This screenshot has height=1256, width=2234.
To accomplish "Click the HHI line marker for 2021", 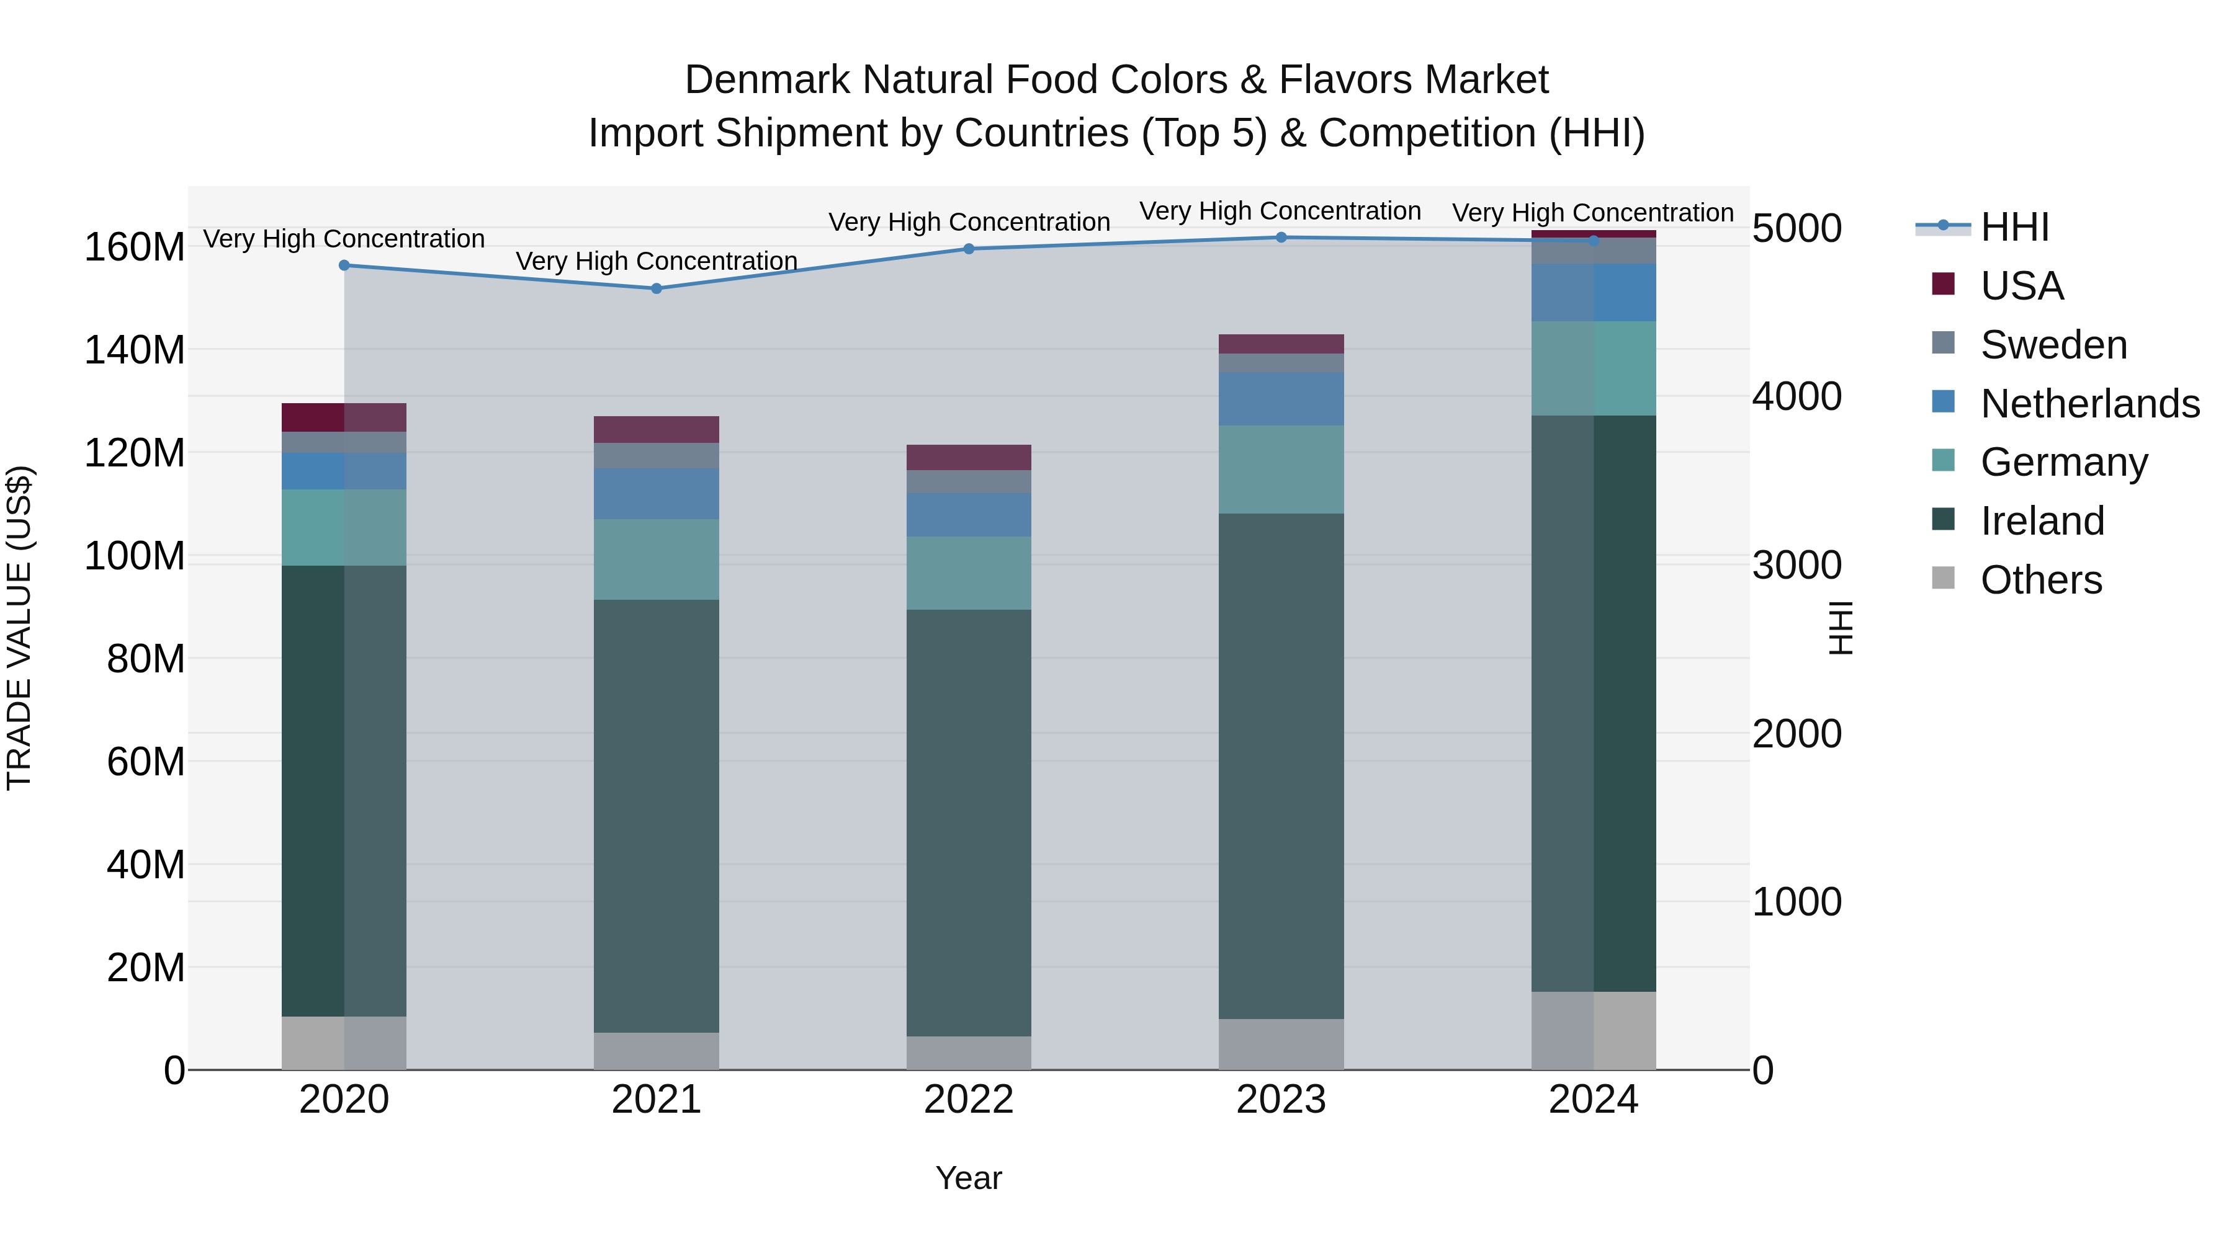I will click(x=657, y=288).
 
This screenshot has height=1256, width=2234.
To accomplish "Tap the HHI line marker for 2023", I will click(x=1281, y=238).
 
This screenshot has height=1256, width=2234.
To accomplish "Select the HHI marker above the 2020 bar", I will click(x=344, y=265).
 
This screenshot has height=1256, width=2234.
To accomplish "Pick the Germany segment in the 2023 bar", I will click(x=1281, y=469).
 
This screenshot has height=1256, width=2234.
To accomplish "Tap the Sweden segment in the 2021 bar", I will click(x=657, y=455).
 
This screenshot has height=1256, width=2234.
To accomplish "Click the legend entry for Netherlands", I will click(x=2090, y=404).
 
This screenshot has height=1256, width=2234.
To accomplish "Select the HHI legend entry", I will click(x=2014, y=227).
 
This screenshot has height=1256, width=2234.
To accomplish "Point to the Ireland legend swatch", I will click(x=1944, y=520).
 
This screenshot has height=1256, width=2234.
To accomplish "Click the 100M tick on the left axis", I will click(x=135, y=556).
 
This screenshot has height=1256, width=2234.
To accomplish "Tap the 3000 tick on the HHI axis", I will click(x=1797, y=565).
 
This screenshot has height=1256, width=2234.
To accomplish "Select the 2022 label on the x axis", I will click(x=969, y=1100).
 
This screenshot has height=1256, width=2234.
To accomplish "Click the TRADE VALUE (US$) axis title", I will click(x=20, y=628).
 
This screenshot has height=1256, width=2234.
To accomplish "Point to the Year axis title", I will click(x=969, y=1178).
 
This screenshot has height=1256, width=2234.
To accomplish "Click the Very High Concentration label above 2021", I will click(x=657, y=261).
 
